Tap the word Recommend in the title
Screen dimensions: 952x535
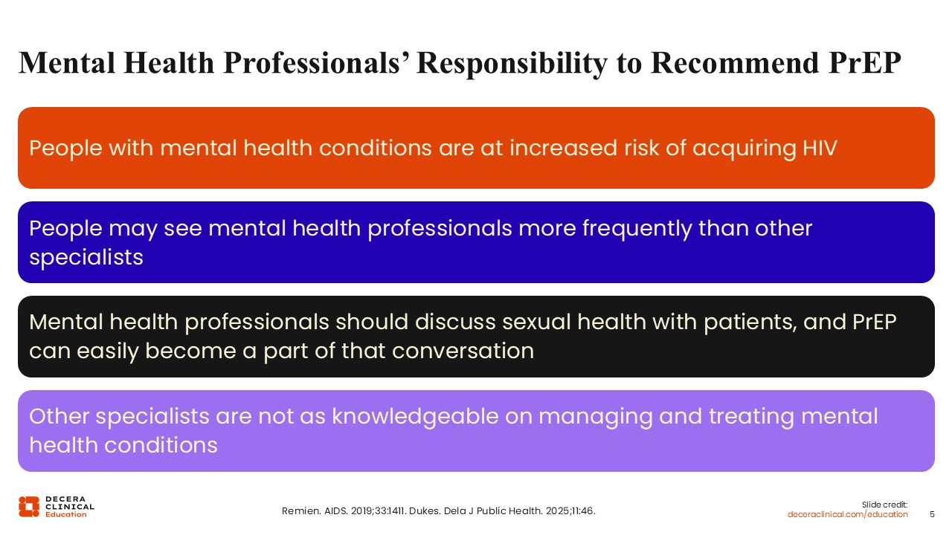(734, 63)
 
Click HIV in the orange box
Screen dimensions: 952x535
(820, 148)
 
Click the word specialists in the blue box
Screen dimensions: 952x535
(86, 258)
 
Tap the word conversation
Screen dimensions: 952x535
(463, 351)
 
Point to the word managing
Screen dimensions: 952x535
(596, 418)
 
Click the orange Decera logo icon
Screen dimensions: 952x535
(29, 507)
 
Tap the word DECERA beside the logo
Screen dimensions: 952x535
(65, 499)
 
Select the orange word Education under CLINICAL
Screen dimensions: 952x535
(66, 514)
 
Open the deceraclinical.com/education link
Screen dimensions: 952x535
(847, 515)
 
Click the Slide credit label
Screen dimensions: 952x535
(884, 505)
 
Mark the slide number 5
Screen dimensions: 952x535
(932, 515)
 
